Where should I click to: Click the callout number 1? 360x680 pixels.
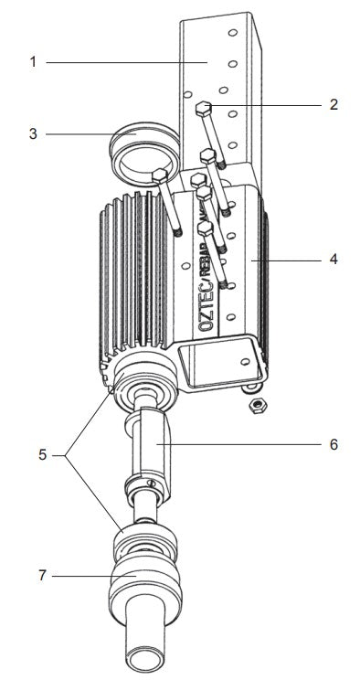click(33, 62)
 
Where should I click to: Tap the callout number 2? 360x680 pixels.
click(334, 104)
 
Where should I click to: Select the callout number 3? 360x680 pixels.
click(33, 134)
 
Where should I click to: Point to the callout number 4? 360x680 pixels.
click(334, 259)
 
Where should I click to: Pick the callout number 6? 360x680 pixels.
click(334, 444)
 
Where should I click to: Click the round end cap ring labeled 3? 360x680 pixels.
click(137, 151)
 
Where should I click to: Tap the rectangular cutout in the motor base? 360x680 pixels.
click(215, 361)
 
